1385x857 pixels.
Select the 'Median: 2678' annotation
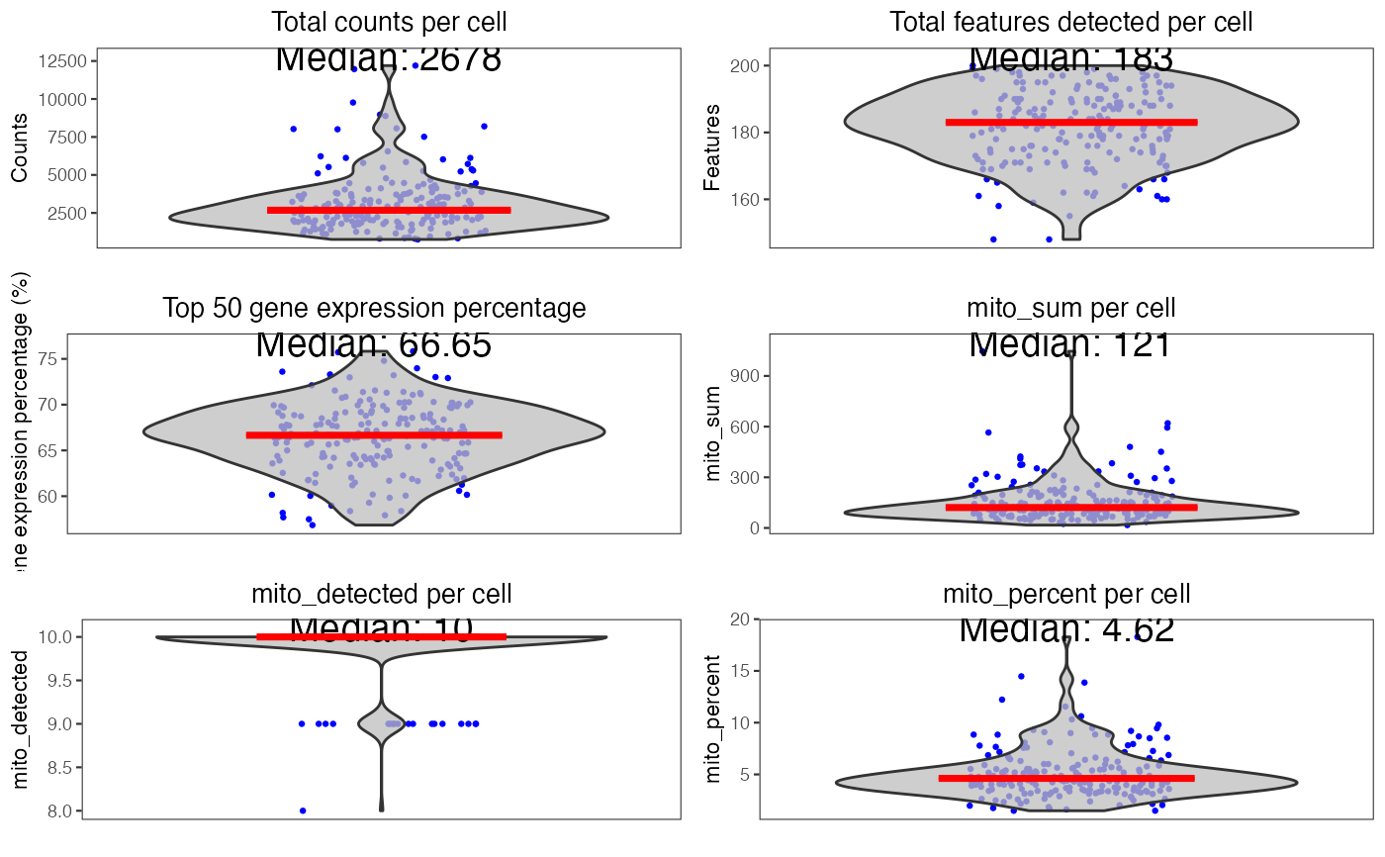388,58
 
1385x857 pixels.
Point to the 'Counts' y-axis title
20,147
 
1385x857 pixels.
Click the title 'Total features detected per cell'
1071,22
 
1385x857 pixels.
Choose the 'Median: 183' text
1071,58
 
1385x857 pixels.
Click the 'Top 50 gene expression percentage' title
374,308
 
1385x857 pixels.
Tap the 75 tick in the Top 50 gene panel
76,359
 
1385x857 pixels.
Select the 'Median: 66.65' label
373,344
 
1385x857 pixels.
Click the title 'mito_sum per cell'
1071,308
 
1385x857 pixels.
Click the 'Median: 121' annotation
1070,344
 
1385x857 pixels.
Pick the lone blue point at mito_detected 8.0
303,810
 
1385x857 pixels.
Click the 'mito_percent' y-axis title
714,719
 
